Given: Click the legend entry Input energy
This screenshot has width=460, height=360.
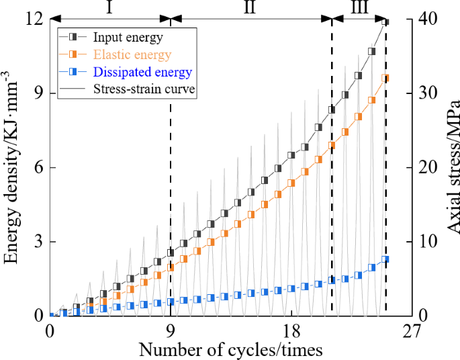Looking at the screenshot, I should click(128, 37).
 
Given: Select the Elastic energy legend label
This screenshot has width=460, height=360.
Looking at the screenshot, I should click(132, 54).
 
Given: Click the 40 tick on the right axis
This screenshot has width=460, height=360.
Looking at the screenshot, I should click(426, 19).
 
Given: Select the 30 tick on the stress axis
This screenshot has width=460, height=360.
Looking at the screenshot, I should click(426, 93).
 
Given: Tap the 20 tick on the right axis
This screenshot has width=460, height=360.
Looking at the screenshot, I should click(426, 168).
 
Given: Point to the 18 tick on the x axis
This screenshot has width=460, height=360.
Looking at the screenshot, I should click(291, 331).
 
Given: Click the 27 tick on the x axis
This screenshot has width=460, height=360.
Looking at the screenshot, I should click(411, 331).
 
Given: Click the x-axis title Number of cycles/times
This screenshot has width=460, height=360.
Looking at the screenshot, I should click(230, 349).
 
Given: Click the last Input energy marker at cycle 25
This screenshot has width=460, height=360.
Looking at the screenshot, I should click(385, 21).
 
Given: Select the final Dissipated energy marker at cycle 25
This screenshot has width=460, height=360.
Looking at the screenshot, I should click(385, 259).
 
